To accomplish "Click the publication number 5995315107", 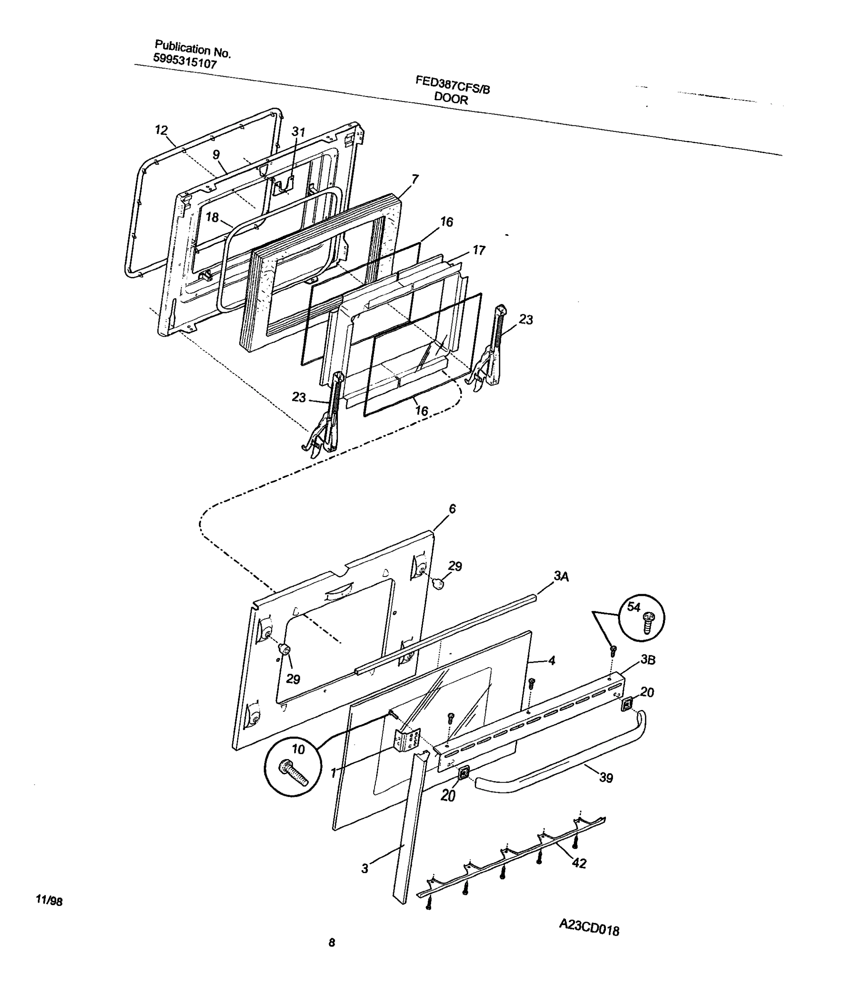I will tap(185, 61).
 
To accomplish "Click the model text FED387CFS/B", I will tap(453, 85).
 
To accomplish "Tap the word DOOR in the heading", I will tap(450, 99).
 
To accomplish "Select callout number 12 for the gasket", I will tap(161, 130).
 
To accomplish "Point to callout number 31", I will tap(299, 132).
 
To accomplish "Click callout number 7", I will tap(415, 179).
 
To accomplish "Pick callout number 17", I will tap(479, 250).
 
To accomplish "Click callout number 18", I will tap(212, 217).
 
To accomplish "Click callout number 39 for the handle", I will tap(606, 777).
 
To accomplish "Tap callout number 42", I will tap(579, 864).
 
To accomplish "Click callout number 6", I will tap(452, 509).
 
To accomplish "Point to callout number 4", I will tap(551, 660).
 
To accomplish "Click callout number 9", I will tap(216, 154).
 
